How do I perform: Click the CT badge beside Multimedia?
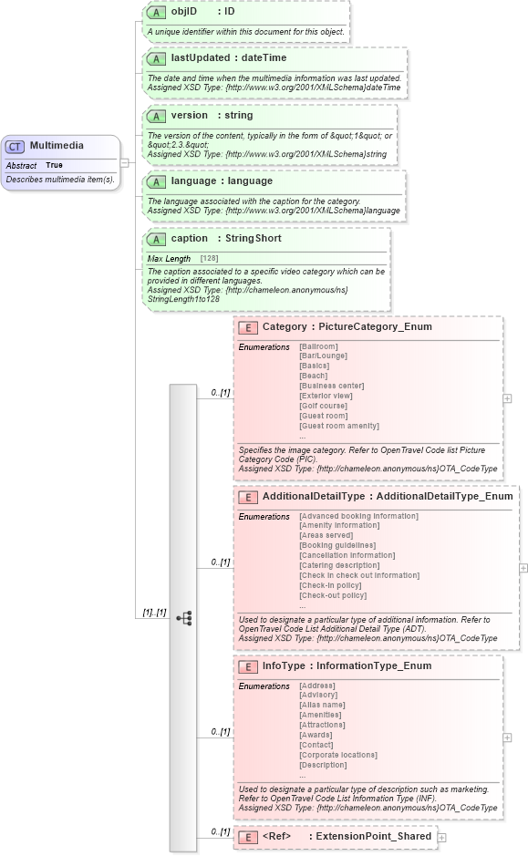[x=16, y=146]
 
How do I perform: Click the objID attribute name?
[x=184, y=12]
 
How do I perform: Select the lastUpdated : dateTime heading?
[x=228, y=58]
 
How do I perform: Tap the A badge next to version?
[x=156, y=117]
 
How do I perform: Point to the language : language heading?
[x=221, y=181]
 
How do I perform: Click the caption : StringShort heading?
[x=225, y=239]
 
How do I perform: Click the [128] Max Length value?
[x=209, y=259]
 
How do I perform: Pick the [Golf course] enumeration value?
[x=323, y=407]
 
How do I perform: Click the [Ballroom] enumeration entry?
[x=318, y=346]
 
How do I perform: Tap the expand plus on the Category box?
[x=507, y=398]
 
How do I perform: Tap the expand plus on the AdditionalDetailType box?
[x=523, y=568]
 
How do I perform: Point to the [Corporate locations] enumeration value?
[x=337, y=755]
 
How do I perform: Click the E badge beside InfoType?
[x=247, y=666]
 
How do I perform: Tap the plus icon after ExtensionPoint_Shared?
[x=441, y=837]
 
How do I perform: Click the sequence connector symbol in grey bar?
[x=183, y=618]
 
